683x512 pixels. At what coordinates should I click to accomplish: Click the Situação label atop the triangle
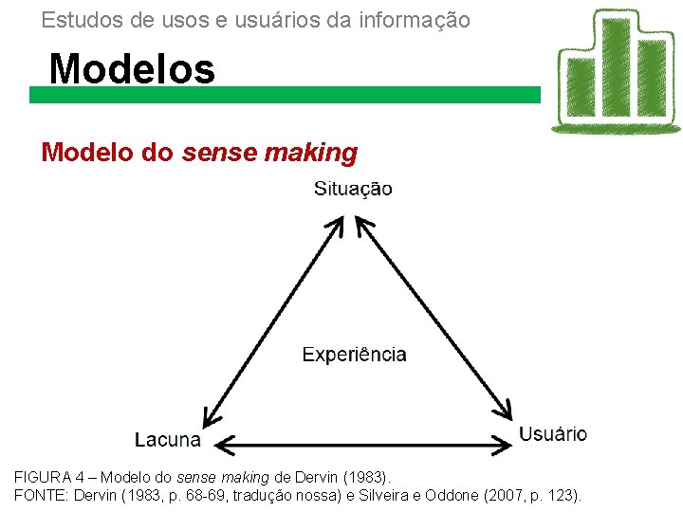(x=353, y=189)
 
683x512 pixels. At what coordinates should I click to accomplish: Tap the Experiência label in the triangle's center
(x=354, y=355)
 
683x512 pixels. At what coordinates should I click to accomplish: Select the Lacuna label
(x=167, y=440)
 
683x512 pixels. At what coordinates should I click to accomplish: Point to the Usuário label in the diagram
(x=552, y=434)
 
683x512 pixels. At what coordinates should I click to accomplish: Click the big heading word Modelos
(x=132, y=68)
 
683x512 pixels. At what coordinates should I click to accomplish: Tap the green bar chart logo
(x=616, y=71)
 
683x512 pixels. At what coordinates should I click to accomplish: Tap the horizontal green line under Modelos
(x=285, y=95)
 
